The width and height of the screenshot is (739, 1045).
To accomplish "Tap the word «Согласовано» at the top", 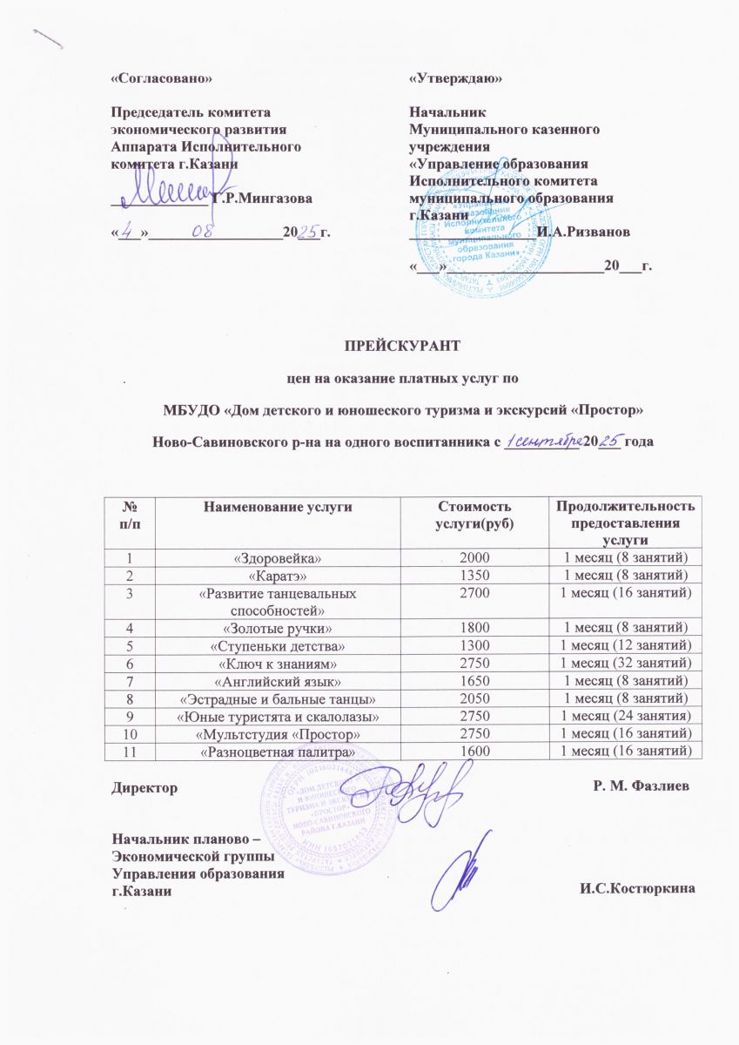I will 161,78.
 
